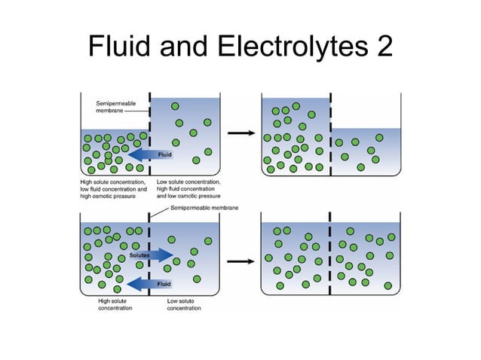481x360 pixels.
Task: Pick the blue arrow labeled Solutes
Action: [x=150, y=256]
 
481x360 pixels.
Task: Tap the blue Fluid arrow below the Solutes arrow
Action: [x=150, y=283]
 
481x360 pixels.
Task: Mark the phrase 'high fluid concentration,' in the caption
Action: [x=188, y=189]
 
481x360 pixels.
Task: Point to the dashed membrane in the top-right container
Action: [x=331, y=136]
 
